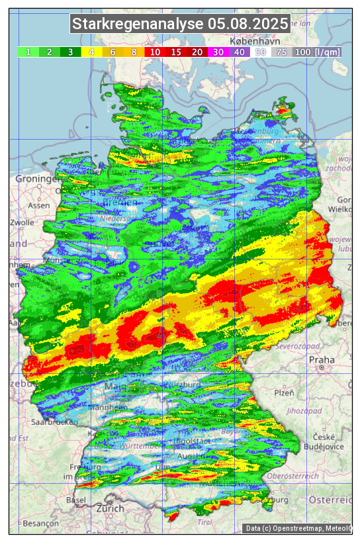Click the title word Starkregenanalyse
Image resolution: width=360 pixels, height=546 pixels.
click(138, 24)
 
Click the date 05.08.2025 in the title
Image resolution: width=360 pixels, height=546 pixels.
click(248, 24)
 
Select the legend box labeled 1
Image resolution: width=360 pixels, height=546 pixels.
click(28, 52)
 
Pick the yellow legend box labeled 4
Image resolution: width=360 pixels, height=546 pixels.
click(92, 52)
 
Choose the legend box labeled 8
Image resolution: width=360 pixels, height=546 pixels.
click(134, 52)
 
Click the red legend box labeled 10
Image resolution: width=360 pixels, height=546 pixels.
click(155, 52)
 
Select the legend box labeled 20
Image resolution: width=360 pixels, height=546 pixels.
click(197, 52)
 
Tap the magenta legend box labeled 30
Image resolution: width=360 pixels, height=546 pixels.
click(218, 52)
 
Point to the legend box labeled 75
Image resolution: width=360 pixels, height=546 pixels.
click(281, 52)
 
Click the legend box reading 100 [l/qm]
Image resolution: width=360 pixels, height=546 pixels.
click(317, 52)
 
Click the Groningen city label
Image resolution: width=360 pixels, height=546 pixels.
click(37, 179)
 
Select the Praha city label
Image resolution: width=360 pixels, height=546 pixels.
click(322, 360)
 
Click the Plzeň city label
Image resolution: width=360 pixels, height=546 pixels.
click(284, 392)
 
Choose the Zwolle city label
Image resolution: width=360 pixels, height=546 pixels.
click(21, 222)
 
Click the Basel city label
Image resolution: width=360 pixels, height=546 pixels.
click(76, 500)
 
